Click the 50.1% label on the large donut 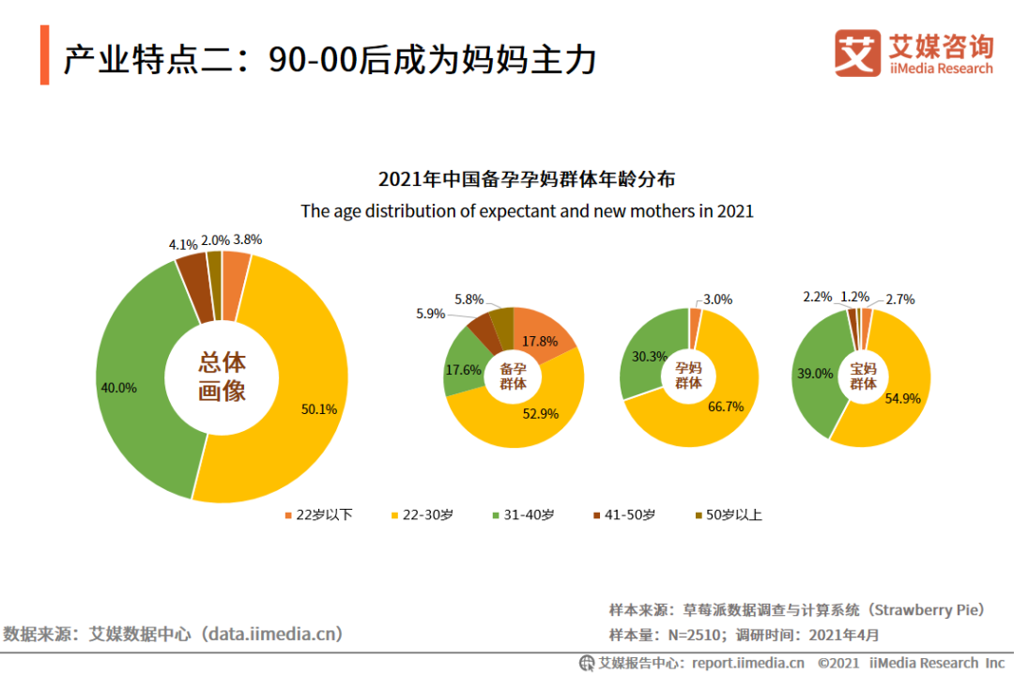(x=319, y=408)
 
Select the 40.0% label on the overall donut (x=118, y=387)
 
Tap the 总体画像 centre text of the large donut (x=222, y=377)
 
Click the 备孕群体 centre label (x=514, y=376)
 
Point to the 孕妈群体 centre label (x=688, y=376)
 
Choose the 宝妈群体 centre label (x=863, y=376)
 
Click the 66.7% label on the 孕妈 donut (x=727, y=407)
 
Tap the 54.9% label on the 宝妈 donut (x=903, y=398)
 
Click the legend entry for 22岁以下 (x=318, y=515)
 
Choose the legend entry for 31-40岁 (x=522, y=515)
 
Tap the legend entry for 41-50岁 (x=624, y=515)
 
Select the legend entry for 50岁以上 (x=728, y=515)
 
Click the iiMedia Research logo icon (x=858, y=54)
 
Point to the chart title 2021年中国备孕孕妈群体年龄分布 (x=527, y=178)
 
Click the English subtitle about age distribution (x=527, y=211)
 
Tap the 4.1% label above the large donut (x=183, y=244)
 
